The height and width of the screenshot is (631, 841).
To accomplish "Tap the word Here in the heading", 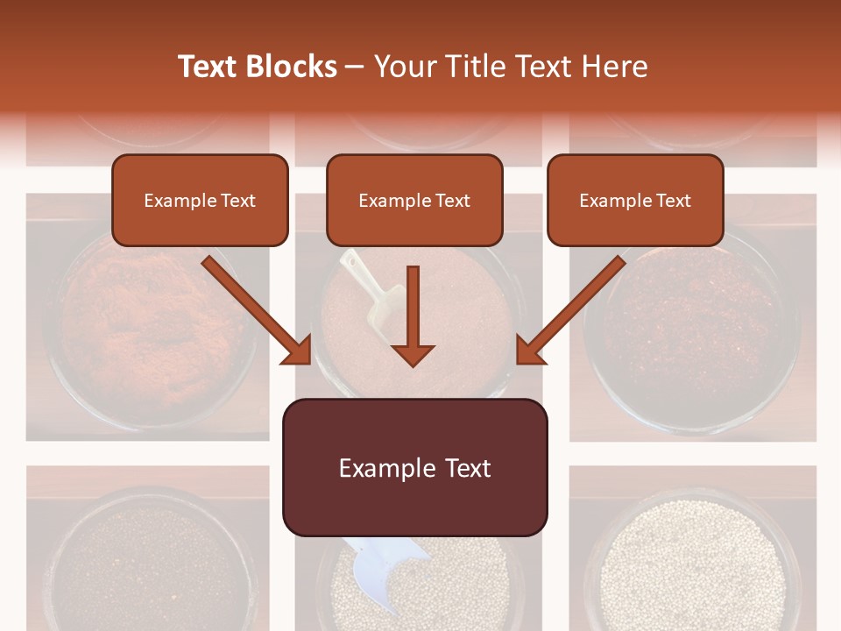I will click(x=617, y=67).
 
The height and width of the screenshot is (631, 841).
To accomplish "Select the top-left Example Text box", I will click(x=200, y=200).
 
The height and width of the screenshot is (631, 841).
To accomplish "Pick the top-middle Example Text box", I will click(x=414, y=200).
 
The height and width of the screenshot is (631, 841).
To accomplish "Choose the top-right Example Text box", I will click(x=635, y=200).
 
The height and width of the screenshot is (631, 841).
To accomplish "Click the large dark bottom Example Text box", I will click(x=414, y=467).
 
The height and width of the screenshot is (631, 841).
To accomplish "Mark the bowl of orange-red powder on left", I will click(x=149, y=324).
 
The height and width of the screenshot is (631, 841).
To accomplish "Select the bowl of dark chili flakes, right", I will click(x=692, y=324).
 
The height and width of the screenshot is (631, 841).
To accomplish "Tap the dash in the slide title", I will click(x=355, y=67).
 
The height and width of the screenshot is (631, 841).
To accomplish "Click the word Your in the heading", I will click(x=403, y=67).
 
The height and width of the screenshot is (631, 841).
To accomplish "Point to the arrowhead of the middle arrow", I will click(x=413, y=354).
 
